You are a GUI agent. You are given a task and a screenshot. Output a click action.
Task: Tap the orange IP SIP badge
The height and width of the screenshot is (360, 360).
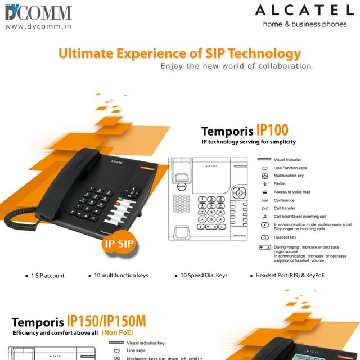pos(117,245)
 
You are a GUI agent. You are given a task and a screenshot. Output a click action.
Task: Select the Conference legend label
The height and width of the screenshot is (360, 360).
pos(284,200)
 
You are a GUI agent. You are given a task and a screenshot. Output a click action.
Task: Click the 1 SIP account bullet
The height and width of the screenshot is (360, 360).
pos(48,276)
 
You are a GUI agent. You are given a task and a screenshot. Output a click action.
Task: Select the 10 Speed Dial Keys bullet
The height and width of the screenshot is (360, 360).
pos(204,276)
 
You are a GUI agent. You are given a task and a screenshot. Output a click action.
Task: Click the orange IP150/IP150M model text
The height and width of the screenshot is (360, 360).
pos(106,322)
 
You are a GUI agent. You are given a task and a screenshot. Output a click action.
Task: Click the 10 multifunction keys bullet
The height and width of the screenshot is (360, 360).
pos(121,276)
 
